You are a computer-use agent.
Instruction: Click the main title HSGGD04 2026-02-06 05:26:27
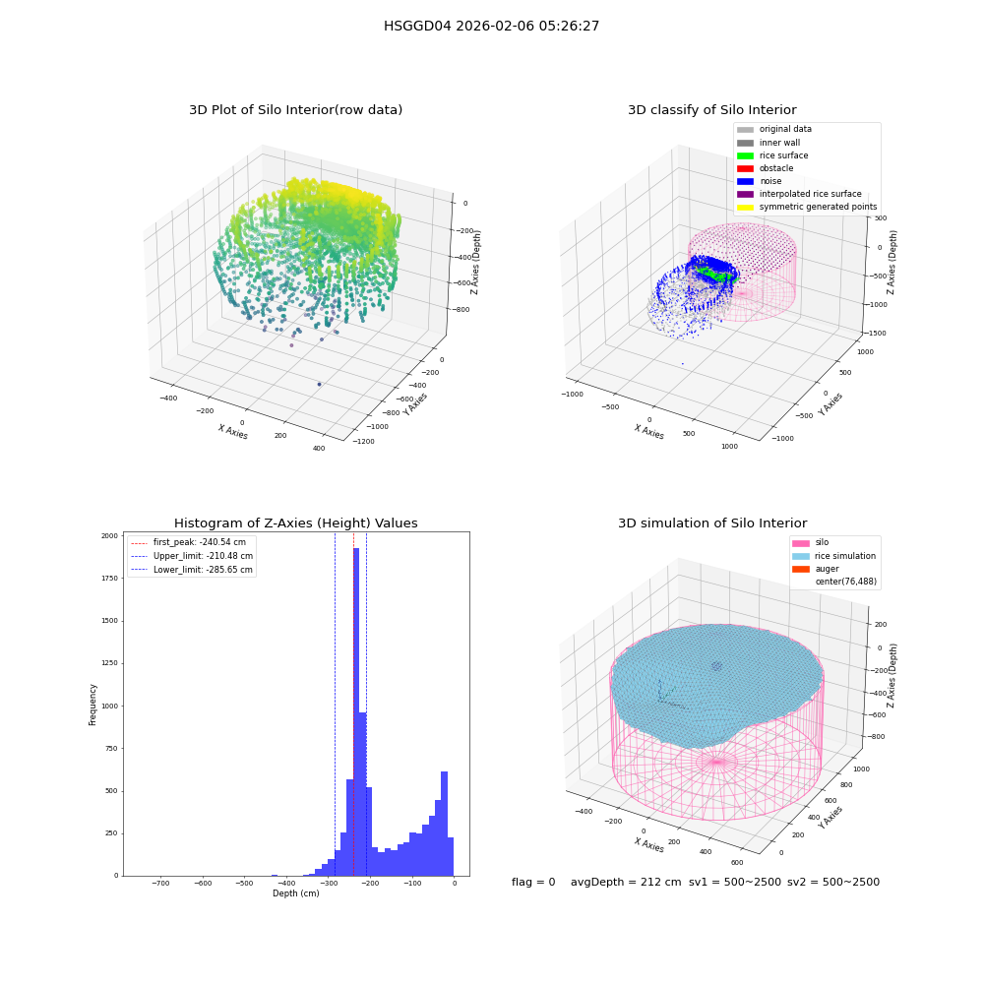491,26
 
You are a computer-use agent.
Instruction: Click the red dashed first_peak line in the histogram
353,705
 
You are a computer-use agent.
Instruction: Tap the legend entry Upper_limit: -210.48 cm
192,556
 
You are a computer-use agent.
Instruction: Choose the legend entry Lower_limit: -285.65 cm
192,570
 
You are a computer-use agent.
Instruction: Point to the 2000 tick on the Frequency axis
109,536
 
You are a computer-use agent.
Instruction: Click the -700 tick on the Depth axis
160,883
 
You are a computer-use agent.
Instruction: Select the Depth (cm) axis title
296,893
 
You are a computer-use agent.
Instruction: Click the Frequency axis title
92,705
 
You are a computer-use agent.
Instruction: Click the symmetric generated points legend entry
807,207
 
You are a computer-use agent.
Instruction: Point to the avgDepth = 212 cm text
626,882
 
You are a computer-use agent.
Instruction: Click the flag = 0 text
533,882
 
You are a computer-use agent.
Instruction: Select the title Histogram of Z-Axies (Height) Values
295,523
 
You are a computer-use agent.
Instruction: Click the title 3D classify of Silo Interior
712,110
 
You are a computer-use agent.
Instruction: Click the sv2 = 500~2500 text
833,882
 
